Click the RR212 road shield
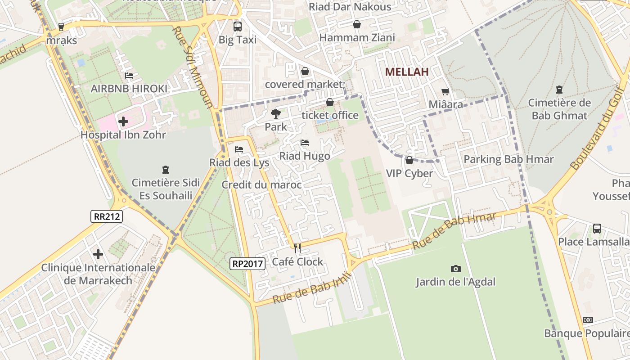point(107,216)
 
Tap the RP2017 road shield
point(247,264)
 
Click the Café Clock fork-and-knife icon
point(297,248)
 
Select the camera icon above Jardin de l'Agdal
point(455,269)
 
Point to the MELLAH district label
point(406,72)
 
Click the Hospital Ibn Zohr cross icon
point(123,121)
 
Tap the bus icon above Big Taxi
point(237,26)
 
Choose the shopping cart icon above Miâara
point(445,92)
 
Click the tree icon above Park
point(275,114)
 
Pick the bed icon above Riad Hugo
point(305,143)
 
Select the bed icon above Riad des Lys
point(239,149)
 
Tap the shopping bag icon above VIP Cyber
point(409,160)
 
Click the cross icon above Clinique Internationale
point(98,254)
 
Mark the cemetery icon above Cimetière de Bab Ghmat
point(559,90)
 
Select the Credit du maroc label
point(261,185)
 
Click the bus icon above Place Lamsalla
point(597,229)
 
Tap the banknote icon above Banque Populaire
point(588,320)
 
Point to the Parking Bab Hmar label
point(508,159)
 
